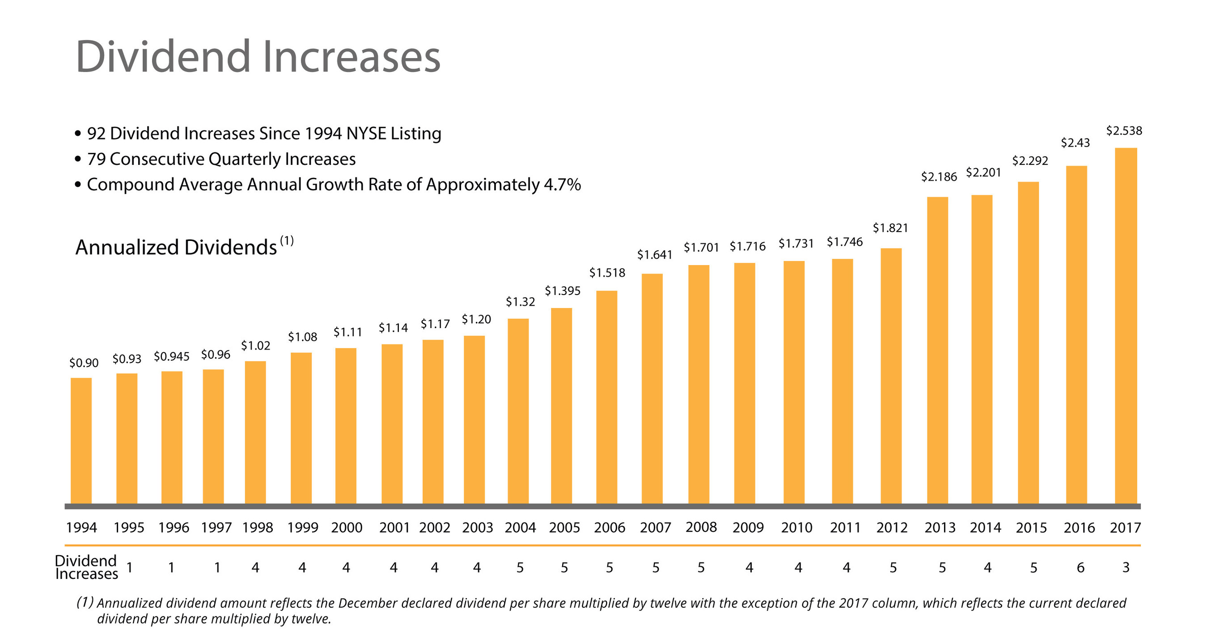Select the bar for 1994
pyautogui.click(x=81, y=441)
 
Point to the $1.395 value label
pyautogui.click(x=562, y=291)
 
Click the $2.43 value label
pyautogui.click(x=1075, y=143)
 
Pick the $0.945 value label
pyautogui.click(x=171, y=357)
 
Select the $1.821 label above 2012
pyautogui.click(x=890, y=228)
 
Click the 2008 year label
pyautogui.click(x=701, y=527)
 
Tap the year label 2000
pyautogui.click(x=347, y=527)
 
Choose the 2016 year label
pyautogui.click(x=1079, y=527)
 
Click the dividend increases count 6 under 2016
pyautogui.click(x=1080, y=567)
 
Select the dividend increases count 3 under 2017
pyautogui.click(x=1126, y=567)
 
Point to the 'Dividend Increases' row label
pyautogui.click(x=86, y=567)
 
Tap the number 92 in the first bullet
pyautogui.click(x=96, y=134)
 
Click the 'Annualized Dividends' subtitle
pyautogui.click(x=176, y=247)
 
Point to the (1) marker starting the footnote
pyautogui.click(x=85, y=602)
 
